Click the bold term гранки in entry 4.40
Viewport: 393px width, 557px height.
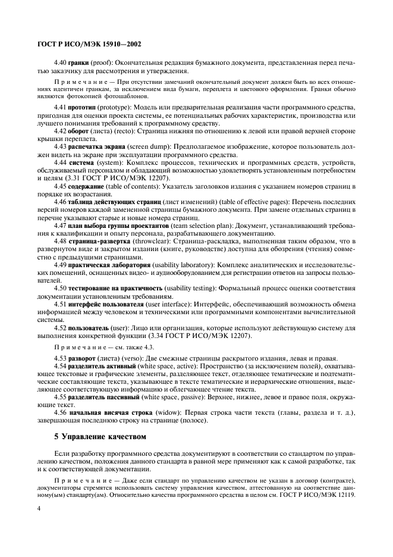(x=79, y=61)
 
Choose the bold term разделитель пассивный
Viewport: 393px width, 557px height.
(x=104, y=396)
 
